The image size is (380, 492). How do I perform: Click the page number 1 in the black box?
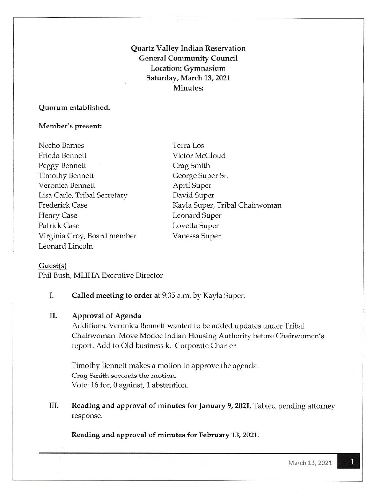352,462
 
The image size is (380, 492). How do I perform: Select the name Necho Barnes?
61,145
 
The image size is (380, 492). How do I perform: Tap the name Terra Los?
188,145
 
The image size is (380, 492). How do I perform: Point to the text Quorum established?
74,108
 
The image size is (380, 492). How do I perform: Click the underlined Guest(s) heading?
52,266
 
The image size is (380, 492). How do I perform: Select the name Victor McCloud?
199,155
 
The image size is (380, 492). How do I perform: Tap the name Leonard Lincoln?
66,246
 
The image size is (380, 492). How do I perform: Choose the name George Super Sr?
200,176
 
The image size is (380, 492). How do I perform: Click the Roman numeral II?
53,316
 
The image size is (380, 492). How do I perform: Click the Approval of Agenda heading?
107,316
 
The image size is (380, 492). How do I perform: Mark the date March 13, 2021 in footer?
310,463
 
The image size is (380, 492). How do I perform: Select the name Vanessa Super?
196,236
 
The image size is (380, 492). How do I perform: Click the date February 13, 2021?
228,435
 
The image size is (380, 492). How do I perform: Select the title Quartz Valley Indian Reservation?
188,48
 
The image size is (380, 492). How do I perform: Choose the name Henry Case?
58,216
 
